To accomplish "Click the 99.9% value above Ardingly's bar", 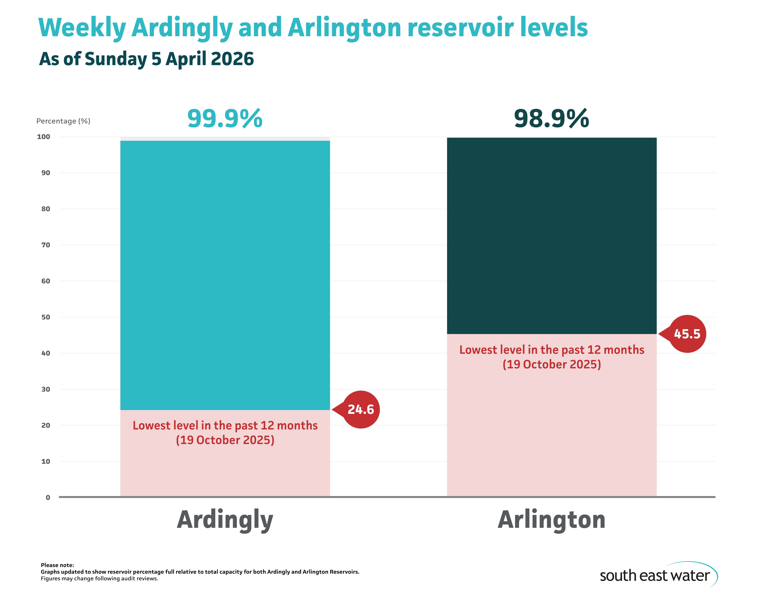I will (225, 119).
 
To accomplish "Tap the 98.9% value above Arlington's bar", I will (551, 119).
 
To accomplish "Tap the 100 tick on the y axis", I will (44, 137).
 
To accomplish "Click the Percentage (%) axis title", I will (63, 121).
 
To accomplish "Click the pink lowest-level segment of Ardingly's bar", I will (225, 470).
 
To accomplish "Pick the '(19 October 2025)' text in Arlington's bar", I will (552, 364).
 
